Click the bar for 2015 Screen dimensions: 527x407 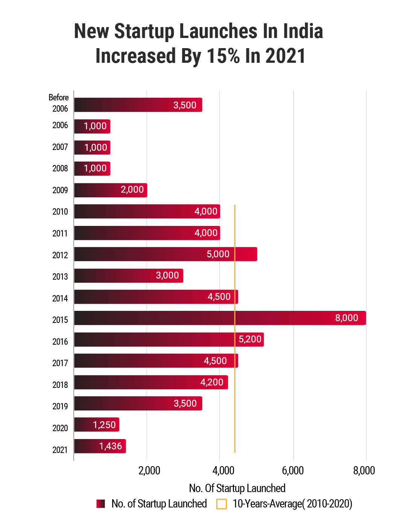220,318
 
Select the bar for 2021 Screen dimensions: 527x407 100,446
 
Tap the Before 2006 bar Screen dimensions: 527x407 138,105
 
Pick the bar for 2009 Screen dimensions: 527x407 111,190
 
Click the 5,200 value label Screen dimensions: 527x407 250,339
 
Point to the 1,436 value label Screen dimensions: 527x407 111,446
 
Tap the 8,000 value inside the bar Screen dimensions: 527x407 346,318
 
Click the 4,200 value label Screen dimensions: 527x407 212,382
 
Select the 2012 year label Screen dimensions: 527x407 60,255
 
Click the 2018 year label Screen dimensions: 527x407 60,385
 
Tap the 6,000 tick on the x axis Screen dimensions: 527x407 293,471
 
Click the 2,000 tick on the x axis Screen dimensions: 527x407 149,471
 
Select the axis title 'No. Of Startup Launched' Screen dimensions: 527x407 237,488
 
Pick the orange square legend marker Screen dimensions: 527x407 222,504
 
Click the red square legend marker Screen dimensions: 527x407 100,504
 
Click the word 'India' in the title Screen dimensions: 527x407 303,31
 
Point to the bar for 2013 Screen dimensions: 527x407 129,276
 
